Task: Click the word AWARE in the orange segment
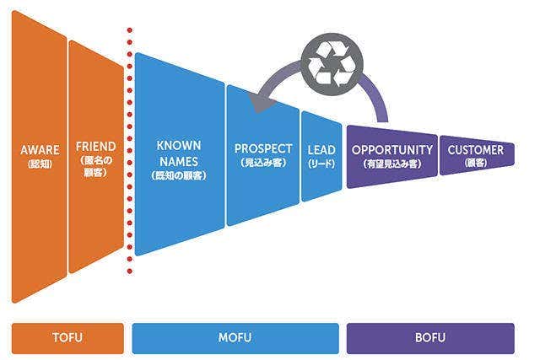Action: (x=40, y=150)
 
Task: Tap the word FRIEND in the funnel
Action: (x=95, y=146)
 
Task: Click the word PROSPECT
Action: (x=263, y=149)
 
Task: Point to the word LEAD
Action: (x=321, y=150)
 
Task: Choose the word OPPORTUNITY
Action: (x=392, y=149)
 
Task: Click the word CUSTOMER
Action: (x=475, y=150)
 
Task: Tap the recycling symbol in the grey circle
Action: (x=332, y=62)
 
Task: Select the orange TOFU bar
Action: (x=67, y=338)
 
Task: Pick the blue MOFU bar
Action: (x=235, y=338)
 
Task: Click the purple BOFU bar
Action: (x=430, y=338)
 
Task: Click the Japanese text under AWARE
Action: (x=40, y=164)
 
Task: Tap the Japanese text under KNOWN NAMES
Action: (x=179, y=175)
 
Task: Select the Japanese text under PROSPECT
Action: (x=263, y=162)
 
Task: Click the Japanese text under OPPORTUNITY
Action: (x=392, y=163)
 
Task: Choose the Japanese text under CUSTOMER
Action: (x=475, y=163)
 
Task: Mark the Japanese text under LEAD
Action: (x=321, y=163)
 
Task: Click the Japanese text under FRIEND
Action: (x=95, y=165)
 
